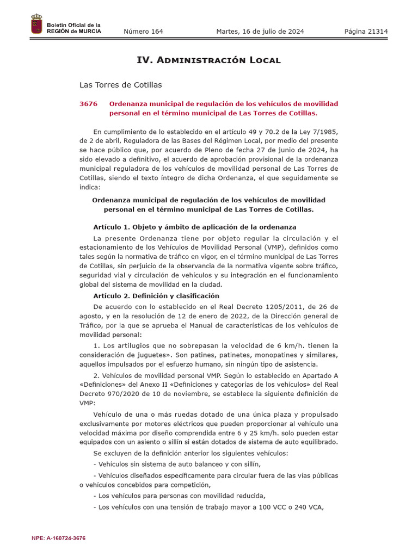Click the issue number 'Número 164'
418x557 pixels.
pos(143,32)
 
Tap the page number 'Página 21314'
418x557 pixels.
pos(366,32)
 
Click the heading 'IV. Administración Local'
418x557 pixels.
pos(208,60)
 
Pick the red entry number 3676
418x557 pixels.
pos(89,103)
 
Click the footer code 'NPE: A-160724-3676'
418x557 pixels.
pos(59,538)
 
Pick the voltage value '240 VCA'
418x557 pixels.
pos(309,508)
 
